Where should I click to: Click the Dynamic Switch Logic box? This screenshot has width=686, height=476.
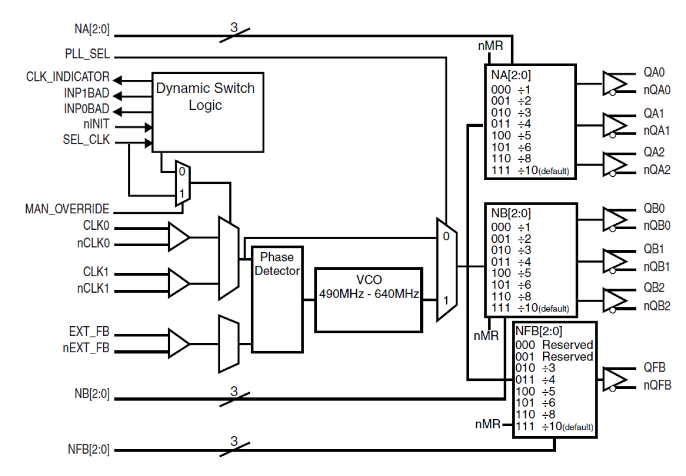coord(207,112)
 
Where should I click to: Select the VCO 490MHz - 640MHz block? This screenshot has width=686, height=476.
coord(369,299)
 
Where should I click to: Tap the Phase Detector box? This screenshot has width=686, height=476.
coord(277,298)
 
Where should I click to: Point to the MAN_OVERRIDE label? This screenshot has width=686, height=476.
coord(67,209)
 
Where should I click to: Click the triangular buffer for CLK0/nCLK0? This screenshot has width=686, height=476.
coord(178,237)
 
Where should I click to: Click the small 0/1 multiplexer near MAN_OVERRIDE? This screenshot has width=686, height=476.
coord(181,183)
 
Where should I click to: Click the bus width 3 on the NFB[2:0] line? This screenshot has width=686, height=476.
coord(234,440)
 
